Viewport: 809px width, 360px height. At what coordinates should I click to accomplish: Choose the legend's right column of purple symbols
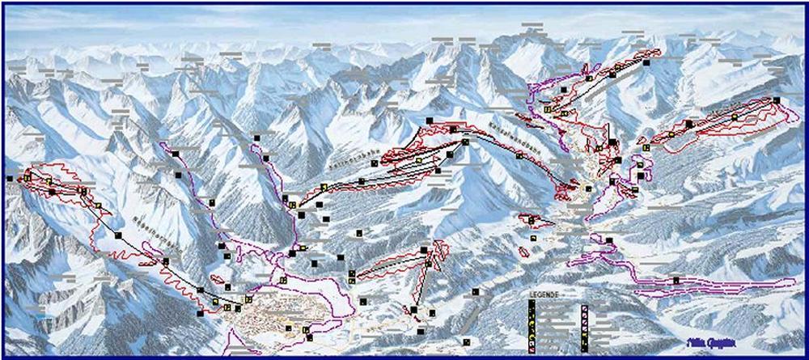584,324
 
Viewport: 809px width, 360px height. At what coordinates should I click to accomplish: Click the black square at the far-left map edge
10,178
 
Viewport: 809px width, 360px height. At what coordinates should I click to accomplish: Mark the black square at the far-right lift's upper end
776,100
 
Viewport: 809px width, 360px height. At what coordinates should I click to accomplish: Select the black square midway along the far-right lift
688,124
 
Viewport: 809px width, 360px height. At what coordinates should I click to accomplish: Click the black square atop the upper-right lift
647,55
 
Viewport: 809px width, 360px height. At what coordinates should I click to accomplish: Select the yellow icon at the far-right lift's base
646,148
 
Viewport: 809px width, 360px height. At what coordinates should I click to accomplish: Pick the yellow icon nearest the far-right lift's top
735,116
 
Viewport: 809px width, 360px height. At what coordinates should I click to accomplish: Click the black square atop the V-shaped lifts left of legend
425,252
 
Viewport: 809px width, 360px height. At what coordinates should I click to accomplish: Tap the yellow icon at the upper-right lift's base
548,108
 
